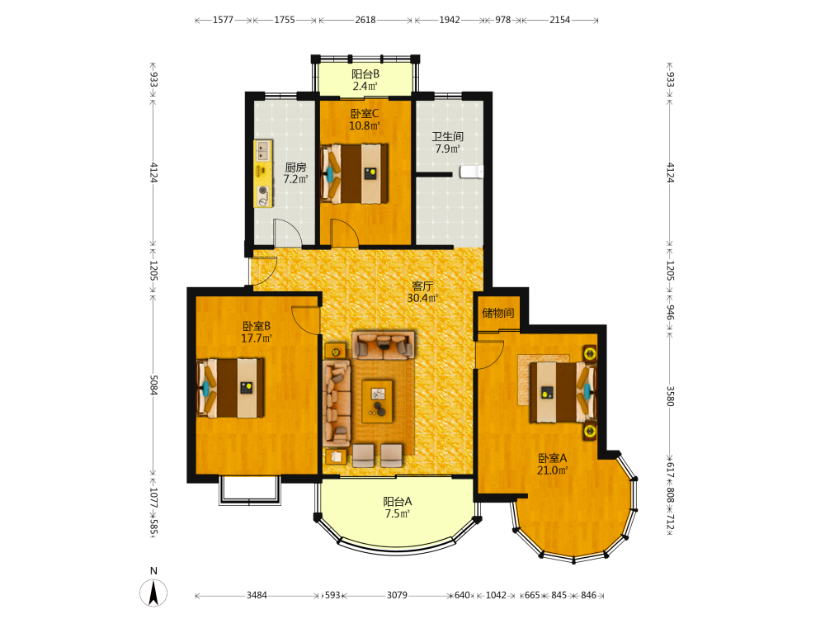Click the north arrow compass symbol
(153, 593)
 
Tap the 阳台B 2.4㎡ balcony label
(365, 80)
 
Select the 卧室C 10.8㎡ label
(365, 120)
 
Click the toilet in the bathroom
(471, 172)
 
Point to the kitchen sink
(263, 151)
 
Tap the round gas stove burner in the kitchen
(262, 191)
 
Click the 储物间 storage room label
(497, 313)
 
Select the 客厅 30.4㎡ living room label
(422, 292)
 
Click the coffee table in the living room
(377, 401)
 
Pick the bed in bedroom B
(230, 388)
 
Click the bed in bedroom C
(355, 173)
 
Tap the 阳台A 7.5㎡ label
(398, 508)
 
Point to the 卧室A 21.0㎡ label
(552, 464)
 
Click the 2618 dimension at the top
(365, 20)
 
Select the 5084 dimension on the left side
(153, 385)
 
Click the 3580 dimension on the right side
(670, 396)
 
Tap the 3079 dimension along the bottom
(397, 595)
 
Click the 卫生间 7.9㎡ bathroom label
(447, 143)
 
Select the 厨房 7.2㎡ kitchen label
(295, 173)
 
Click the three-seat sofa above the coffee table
(383, 345)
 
